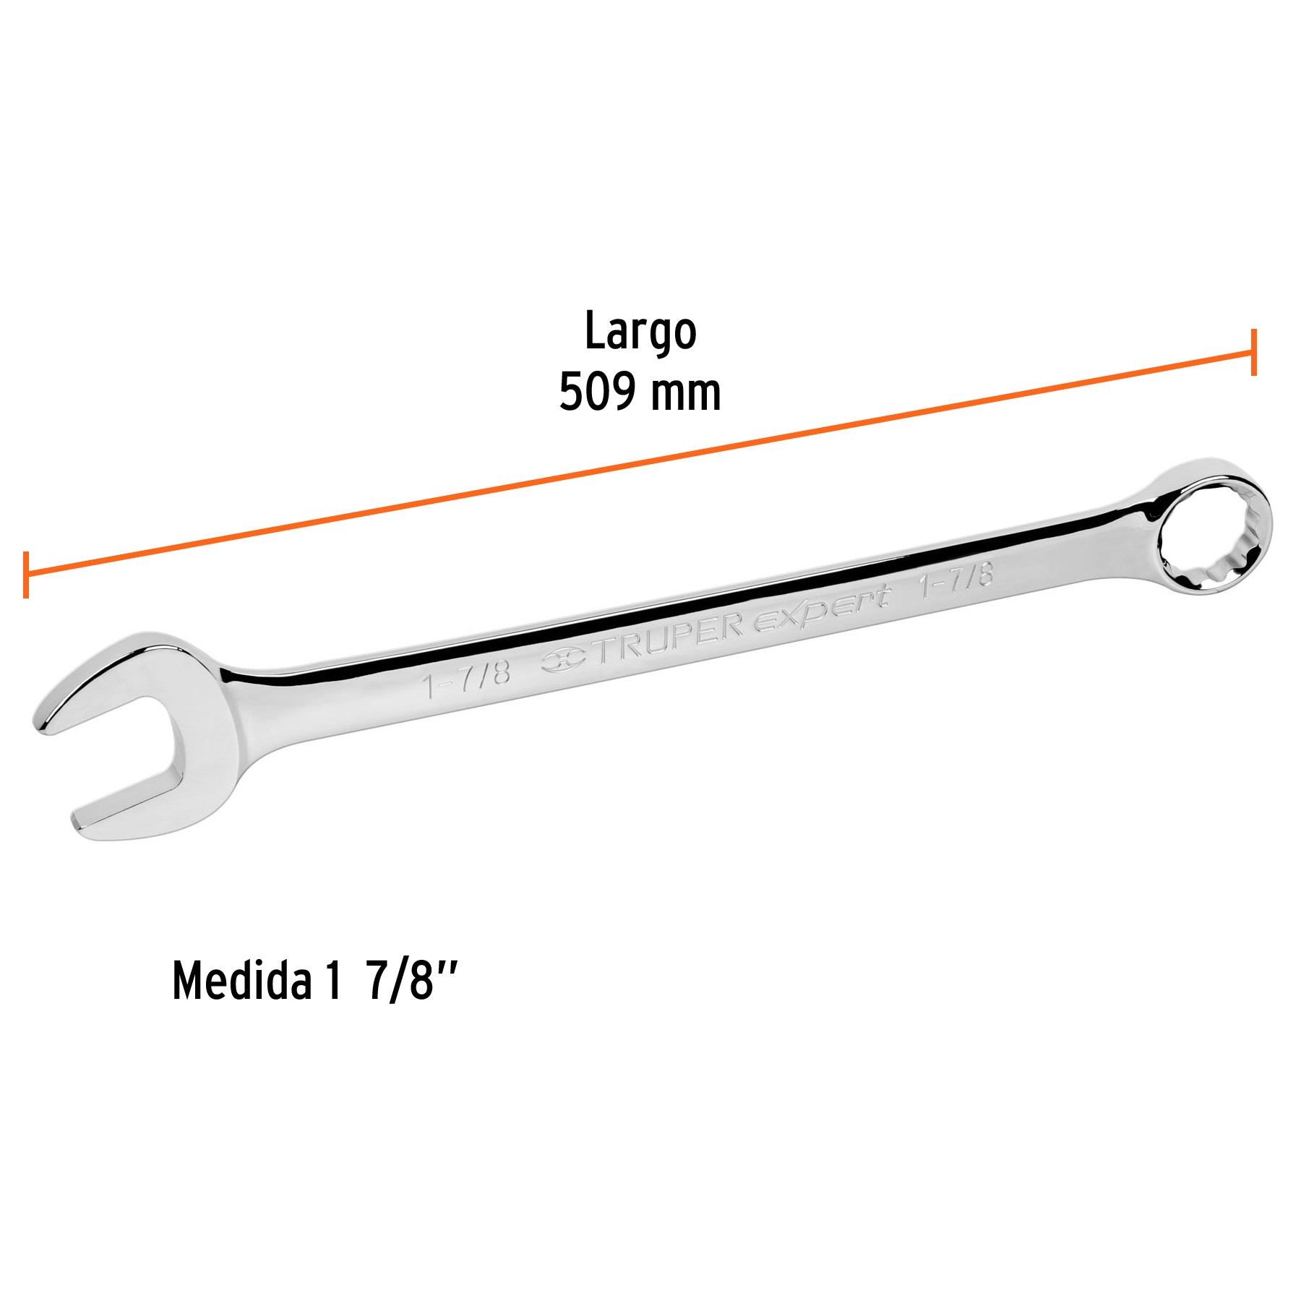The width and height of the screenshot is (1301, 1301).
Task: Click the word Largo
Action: (640, 332)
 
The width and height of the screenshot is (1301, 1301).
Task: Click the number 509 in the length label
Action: (596, 392)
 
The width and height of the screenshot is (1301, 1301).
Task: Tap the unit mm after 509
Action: (685, 394)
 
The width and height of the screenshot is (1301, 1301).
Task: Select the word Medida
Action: (241, 982)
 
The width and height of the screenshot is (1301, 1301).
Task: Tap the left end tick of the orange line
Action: (26, 575)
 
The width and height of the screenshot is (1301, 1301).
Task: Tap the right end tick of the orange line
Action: (1254, 352)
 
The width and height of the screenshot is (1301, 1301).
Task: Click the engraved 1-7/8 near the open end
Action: (467, 679)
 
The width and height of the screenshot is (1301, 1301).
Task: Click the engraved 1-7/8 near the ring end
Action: (956, 580)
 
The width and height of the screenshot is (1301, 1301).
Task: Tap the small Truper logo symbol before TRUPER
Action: (564, 659)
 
